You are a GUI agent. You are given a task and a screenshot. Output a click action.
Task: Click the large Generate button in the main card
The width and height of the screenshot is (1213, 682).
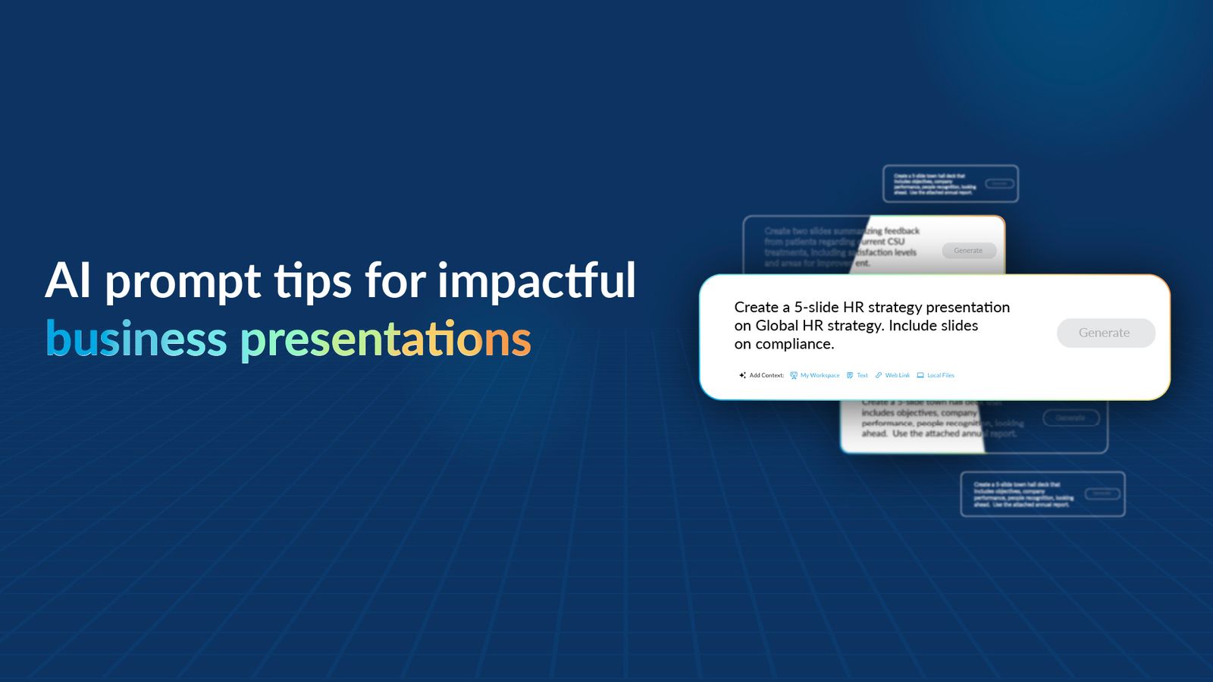1105,333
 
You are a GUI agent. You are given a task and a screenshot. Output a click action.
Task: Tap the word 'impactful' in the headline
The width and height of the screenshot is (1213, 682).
536,282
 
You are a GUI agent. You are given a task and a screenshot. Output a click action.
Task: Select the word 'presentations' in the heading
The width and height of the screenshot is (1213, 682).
386,339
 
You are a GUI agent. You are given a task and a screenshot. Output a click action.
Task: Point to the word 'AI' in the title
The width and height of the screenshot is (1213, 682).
68,281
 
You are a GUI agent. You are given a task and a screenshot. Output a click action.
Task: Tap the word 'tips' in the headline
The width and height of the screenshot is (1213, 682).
312,282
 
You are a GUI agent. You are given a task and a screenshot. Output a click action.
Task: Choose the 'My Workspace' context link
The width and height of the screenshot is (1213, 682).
820,375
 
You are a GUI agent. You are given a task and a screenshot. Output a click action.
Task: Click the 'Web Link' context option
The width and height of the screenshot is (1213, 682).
897,375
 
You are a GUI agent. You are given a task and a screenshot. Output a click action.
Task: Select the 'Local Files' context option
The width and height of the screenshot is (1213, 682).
940,375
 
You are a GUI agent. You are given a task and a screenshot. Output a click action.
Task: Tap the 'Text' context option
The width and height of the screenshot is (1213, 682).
862,375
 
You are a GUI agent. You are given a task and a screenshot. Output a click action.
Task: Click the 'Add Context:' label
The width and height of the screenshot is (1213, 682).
766,375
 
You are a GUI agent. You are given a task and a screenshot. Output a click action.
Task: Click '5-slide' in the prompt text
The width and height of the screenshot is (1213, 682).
816,307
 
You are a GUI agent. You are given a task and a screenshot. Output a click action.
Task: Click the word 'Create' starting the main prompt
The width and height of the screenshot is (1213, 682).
756,307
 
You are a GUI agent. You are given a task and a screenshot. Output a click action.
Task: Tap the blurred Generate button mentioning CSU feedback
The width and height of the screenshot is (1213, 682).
968,251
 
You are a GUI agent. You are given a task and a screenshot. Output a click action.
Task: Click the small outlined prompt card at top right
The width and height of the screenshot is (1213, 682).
950,184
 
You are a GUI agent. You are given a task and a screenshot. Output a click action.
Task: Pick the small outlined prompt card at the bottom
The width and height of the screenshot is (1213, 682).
1042,494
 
